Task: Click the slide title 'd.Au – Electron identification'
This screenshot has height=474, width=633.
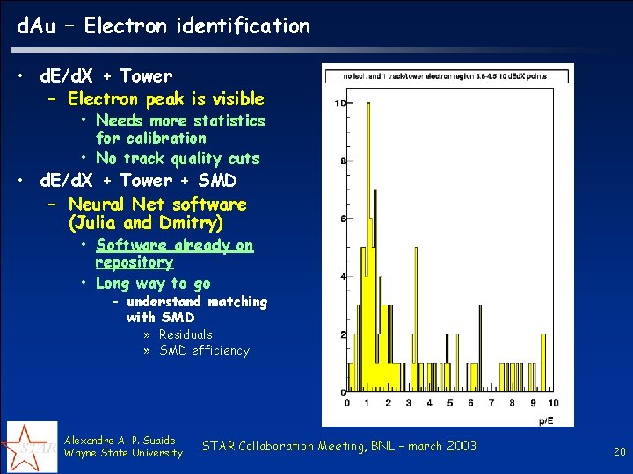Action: pyautogui.click(x=164, y=26)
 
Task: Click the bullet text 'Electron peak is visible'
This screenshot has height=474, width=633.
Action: pyautogui.click(x=165, y=98)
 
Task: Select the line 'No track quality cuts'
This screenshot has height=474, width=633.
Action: pyautogui.click(x=178, y=159)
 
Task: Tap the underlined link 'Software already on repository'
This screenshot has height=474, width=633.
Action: pyautogui.click(x=174, y=254)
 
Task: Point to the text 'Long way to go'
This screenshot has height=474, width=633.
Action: pyautogui.click(x=153, y=284)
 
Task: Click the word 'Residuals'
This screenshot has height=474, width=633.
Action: pyautogui.click(x=186, y=334)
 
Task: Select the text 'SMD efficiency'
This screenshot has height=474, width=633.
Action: pyautogui.click(x=204, y=351)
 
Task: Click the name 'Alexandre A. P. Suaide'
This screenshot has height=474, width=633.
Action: pyautogui.click(x=120, y=440)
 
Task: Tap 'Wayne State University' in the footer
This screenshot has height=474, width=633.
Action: pyautogui.click(x=123, y=453)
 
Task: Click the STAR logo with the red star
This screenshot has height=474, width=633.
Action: pyautogui.click(x=32, y=447)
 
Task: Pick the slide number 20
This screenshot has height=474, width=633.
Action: pyautogui.click(x=619, y=452)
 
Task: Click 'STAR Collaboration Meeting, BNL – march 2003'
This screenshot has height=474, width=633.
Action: pyautogui.click(x=338, y=447)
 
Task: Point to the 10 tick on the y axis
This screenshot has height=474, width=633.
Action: pyautogui.click(x=339, y=104)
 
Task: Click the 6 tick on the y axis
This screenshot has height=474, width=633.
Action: pyautogui.click(x=341, y=219)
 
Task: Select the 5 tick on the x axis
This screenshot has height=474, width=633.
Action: pyautogui.click(x=449, y=403)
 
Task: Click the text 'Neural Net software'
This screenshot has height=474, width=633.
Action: pyautogui.click(x=157, y=205)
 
